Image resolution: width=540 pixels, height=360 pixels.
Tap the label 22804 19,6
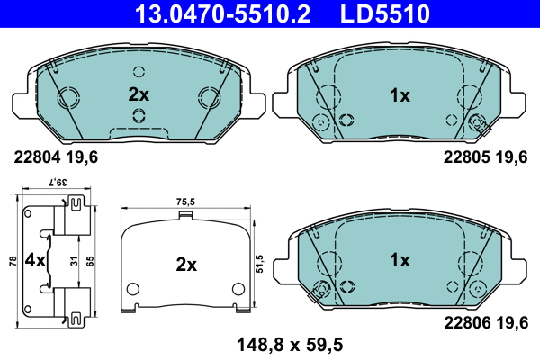tap(56, 157)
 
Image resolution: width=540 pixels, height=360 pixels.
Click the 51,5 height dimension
tap(260, 261)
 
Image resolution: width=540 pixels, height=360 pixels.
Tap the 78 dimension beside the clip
tap(11, 261)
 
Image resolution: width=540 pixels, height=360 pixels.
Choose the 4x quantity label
tap(34, 262)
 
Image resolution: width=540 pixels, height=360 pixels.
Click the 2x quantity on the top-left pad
tap(138, 94)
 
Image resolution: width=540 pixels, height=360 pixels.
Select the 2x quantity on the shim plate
tap(185, 265)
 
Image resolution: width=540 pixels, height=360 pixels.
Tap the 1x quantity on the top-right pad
tap(399, 94)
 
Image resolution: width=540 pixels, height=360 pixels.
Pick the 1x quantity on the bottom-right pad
tap(399, 260)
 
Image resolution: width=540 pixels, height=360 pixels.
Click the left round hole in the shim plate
tap(132, 289)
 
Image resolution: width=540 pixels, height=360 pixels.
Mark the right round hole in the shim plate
tap(238, 289)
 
